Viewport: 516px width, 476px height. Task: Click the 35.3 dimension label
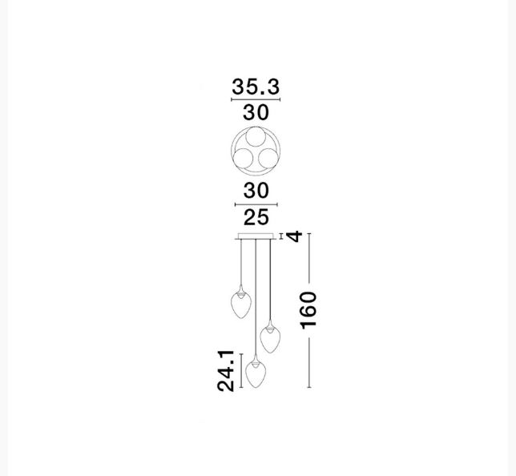click(x=256, y=87)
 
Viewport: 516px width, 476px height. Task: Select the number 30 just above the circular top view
click(x=256, y=112)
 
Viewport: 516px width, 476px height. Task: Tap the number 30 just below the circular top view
click(x=256, y=191)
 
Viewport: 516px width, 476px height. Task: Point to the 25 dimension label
click(x=256, y=217)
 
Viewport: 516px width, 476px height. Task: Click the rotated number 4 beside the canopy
click(x=295, y=236)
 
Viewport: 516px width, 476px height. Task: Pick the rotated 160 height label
click(x=308, y=310)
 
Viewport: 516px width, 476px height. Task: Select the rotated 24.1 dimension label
click(x=226, y=371)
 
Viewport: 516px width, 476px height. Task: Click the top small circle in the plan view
click(x=256, y=136)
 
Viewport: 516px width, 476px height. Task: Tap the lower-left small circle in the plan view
click(x=243, y=159)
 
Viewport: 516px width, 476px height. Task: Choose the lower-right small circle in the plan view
click(x=268, y=159)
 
